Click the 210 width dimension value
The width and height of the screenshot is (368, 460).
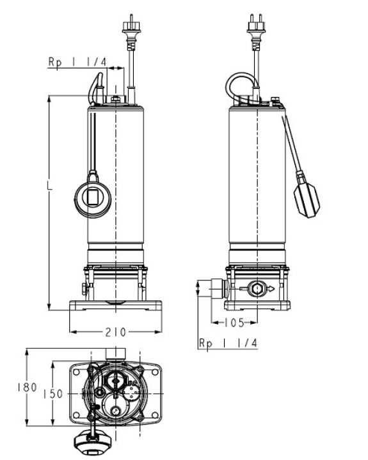click(115, 332)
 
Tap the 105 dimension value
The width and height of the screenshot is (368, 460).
click(234, 323)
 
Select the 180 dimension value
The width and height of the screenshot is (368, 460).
click(27, 387)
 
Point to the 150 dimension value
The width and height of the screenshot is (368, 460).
click(53, 394)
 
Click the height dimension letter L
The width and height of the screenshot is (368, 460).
click(50, 185)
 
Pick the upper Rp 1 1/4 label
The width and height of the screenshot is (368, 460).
click(77, 62)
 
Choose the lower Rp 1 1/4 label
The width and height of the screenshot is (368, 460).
click(228, 343)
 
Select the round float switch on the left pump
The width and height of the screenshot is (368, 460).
click(93, 195)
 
